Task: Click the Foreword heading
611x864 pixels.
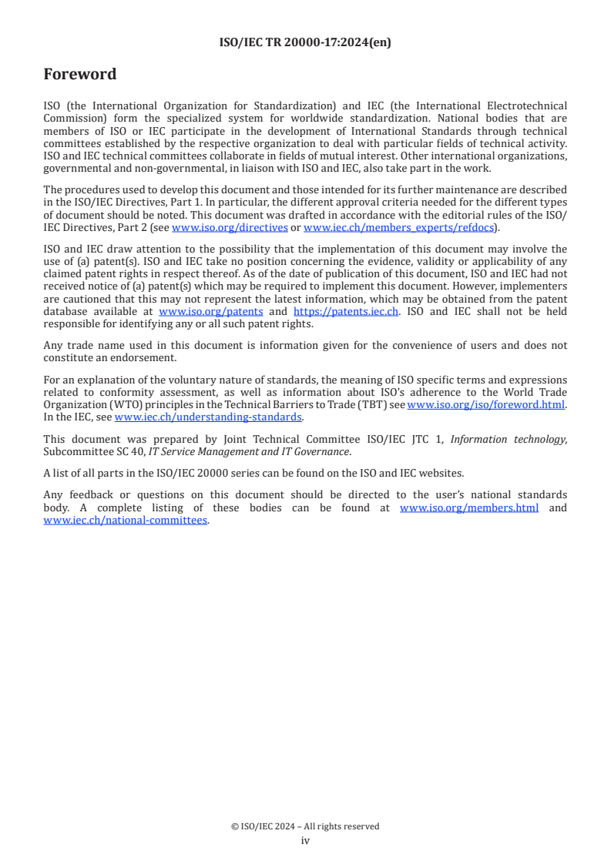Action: coord(80,75)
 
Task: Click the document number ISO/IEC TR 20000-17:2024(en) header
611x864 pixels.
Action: coord(305,43)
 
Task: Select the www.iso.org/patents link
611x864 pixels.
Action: coord(210,312)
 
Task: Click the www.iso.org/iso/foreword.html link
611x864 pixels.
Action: coord(486,405)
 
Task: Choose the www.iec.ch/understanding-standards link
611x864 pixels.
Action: coord(208,417)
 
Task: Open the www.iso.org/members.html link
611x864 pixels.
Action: coord(468,508)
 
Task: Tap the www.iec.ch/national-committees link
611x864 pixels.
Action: coord(126,520)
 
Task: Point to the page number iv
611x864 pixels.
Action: coord(305,841)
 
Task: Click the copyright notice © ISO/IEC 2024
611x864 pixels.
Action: coord(305,826)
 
